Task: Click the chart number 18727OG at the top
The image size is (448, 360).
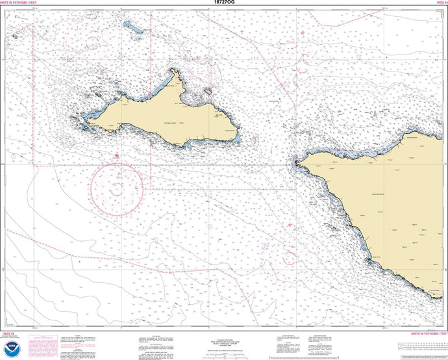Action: click(223, 3)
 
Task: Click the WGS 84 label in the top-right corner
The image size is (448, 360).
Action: click(439, 3)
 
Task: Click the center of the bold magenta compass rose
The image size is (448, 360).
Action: click(117, 189)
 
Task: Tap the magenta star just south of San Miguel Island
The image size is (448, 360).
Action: click(117, 156)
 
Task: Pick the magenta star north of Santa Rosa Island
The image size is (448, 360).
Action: click(303, 32)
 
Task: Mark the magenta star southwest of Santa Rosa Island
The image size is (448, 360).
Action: click(290, 225)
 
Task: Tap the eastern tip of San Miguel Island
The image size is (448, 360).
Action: click(238, 139)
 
